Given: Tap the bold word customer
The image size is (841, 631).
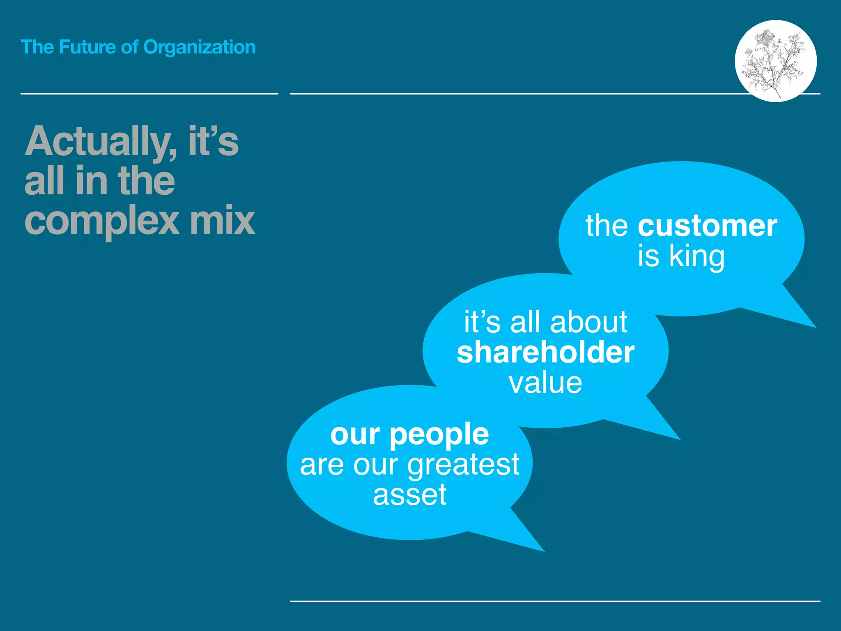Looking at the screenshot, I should point(707,226).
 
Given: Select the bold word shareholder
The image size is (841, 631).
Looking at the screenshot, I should point(545,352).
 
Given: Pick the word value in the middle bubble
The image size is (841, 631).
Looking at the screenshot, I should point(545,383).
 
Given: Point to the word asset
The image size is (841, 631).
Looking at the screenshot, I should point(409,495).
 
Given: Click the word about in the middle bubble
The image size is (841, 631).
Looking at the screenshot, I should point(588,322).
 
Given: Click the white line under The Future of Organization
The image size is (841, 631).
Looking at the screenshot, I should point(149,94).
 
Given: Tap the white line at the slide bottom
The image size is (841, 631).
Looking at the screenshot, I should point(555,601).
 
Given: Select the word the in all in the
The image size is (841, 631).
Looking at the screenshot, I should point(146,181).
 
